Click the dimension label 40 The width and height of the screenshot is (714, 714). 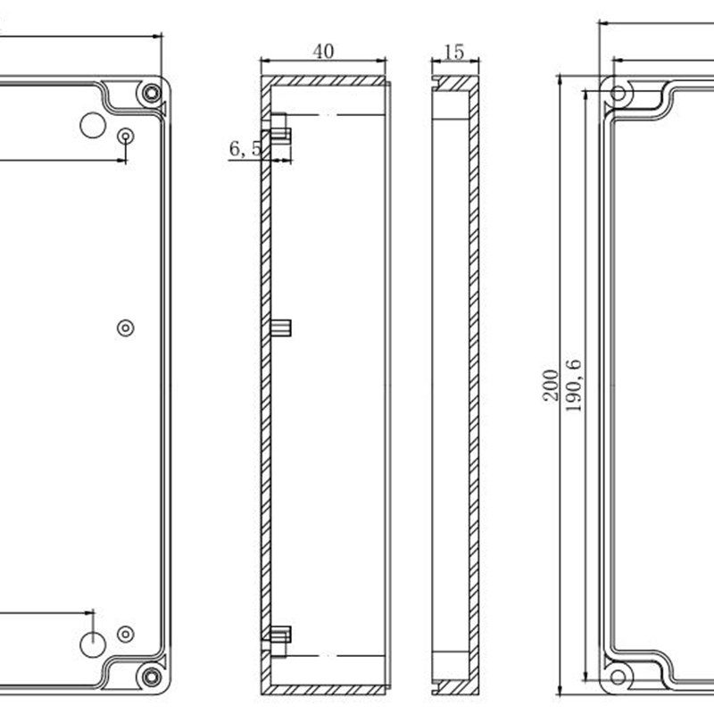click(x=323, y=51)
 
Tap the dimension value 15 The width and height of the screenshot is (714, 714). click(x=454, y=52)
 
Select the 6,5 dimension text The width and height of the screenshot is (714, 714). click(x=245, y=149)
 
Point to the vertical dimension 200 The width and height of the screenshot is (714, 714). click(x=551, y=385)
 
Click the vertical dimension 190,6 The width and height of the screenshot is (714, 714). click(x=573, y=385)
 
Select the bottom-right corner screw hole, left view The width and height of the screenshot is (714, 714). click(x=152, y=676)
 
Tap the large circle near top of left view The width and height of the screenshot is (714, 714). click(x=92, y=125)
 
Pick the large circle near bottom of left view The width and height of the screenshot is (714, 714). click(x=93, y=643)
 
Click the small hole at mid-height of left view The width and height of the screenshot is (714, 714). click(x=126, y=328)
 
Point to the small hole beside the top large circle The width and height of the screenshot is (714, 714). click(x=126, y=136)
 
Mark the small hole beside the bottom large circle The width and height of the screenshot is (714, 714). click(x=126, y=634)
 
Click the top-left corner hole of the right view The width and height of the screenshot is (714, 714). click(x=618, y=93)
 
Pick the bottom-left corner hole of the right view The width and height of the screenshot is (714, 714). click(x=618, y=676)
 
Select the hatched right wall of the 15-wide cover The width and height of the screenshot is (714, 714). click(x=474, y=384)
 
